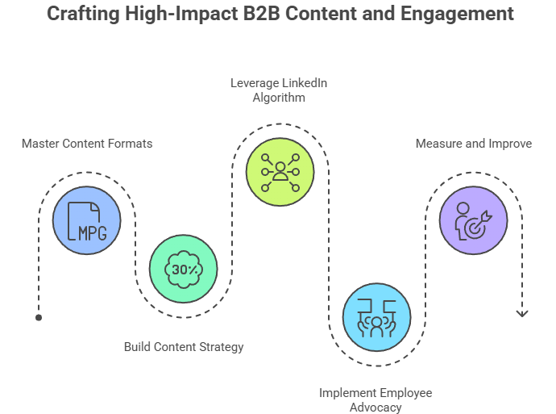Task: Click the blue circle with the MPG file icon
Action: (87, 220)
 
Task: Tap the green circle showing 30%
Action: (184, 269)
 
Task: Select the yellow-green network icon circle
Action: (280, 172)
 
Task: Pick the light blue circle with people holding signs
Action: (376, 317)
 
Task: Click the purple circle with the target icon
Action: (474, 220)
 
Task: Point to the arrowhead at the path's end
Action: (521, 312)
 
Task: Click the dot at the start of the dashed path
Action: (39, 318)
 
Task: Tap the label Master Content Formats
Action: (87, 144)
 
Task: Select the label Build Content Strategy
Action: (184, 346)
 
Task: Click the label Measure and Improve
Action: (474, 144)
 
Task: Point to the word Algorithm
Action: (280, 98)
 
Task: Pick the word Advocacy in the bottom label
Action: (376, 407)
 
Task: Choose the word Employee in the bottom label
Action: (405, 392)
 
